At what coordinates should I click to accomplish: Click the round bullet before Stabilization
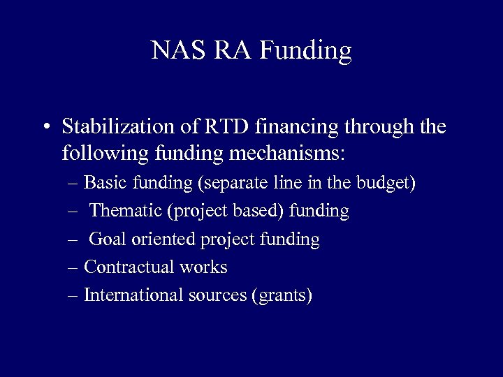(x=45, y=129)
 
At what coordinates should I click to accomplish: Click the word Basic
(x=102, y=183)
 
